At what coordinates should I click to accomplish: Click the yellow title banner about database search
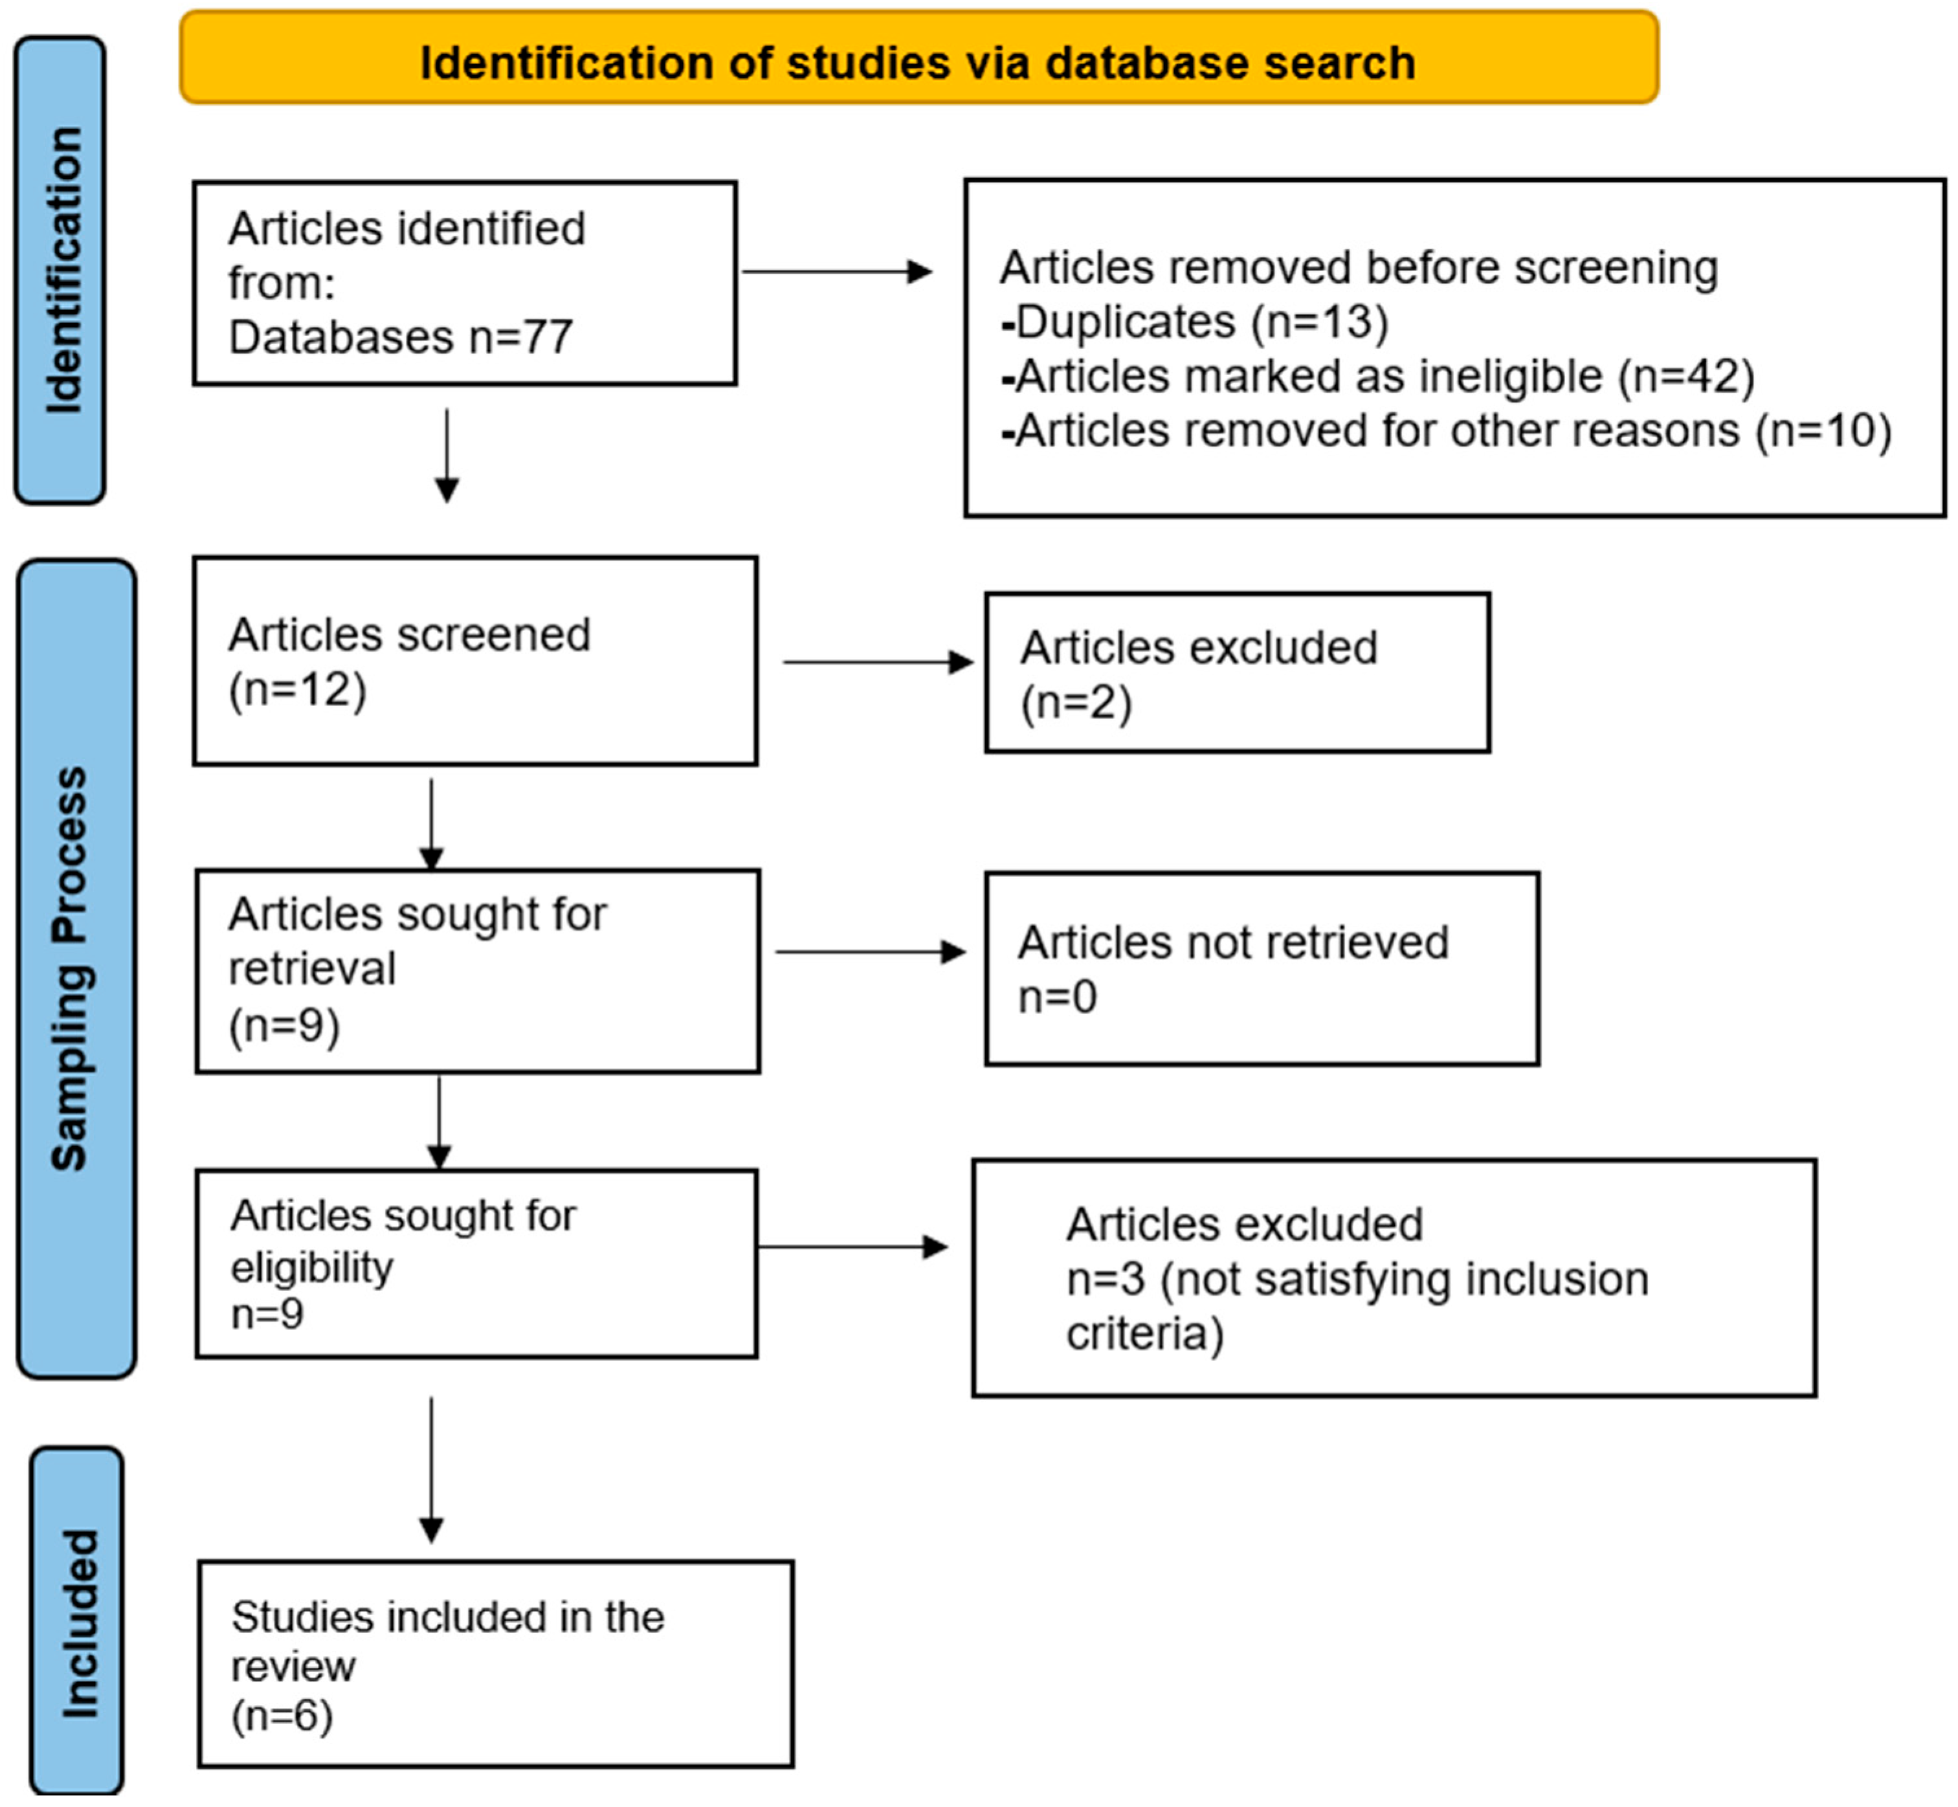[x=919, y=57]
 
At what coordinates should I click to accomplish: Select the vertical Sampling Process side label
[x=76, y=968]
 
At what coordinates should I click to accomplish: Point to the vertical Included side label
[x=77, y=1623]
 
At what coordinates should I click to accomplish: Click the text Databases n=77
[x=400, y=337]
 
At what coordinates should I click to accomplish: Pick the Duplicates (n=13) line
[x=1194, y=322]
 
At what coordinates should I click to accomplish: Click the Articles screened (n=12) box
[x=475, y=661]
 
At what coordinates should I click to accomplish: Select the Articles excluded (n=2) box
[x=1237, y=672]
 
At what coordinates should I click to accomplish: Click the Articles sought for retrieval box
[x=477, y=971]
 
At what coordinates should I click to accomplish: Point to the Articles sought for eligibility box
[x=476, y=1263]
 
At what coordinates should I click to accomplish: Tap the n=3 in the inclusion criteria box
[x=1105, y=1279]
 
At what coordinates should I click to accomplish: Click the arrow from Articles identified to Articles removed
[x=837, y=272]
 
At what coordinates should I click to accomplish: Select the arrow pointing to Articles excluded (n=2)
[x=878, y=662]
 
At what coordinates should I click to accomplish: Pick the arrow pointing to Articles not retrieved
[x=871, y=951]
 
